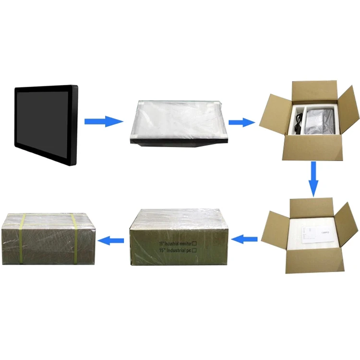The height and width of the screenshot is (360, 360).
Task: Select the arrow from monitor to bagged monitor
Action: (103, 121)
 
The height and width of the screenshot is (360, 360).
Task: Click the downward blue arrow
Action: (313, 179)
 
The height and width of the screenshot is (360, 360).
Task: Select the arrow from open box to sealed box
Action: (246, 237)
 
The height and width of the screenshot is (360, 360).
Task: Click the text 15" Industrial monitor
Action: (174, 244)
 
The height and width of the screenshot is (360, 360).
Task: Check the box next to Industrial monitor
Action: (194, 243)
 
